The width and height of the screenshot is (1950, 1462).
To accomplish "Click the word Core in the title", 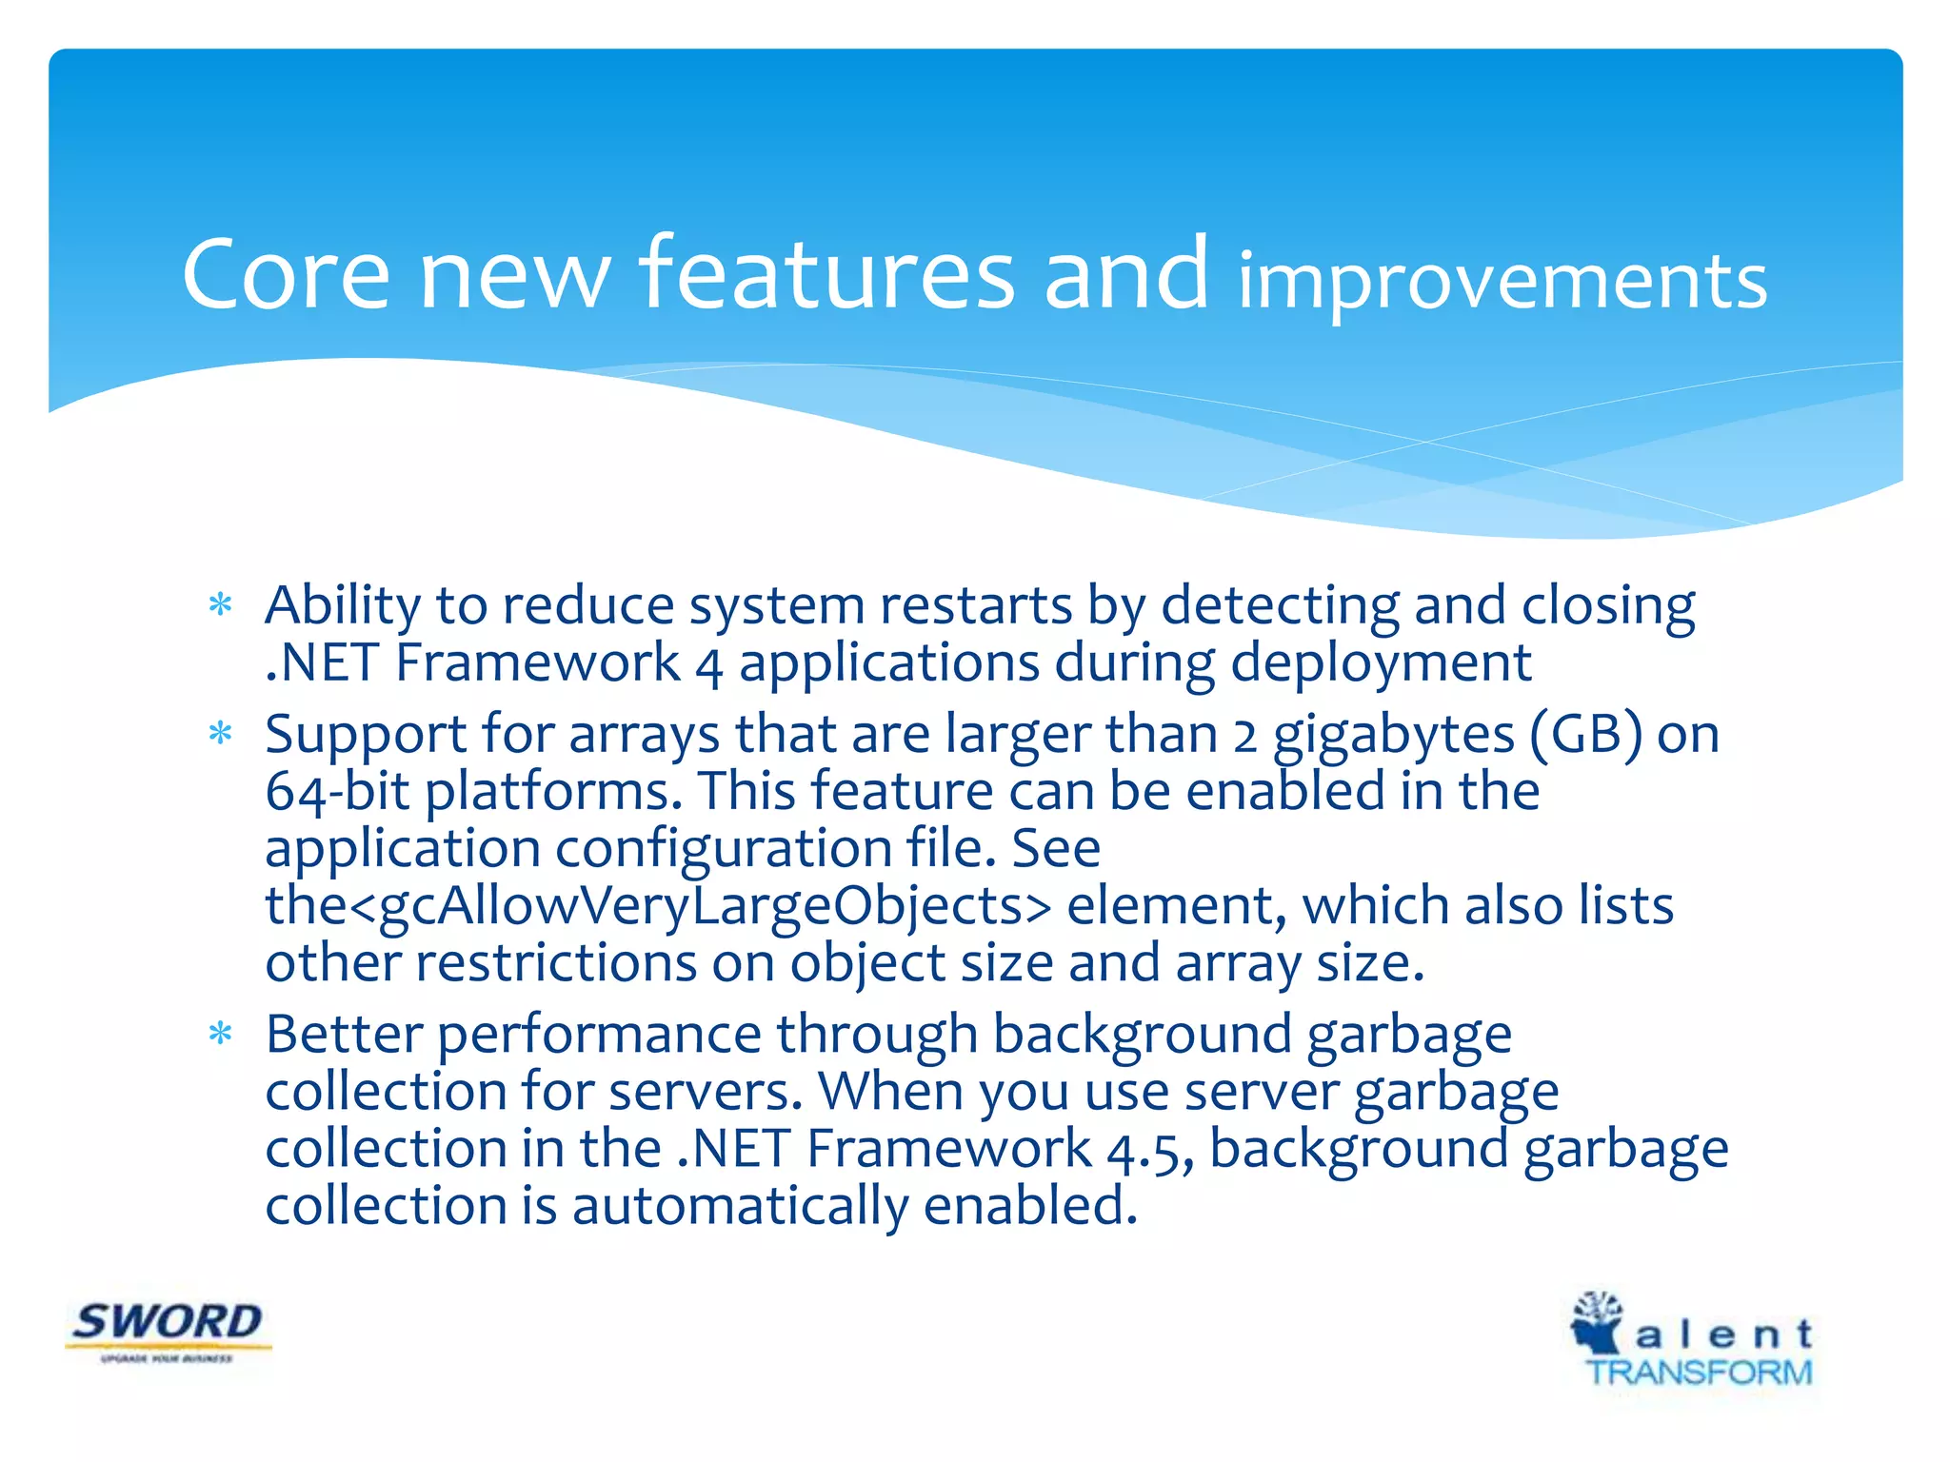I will pos(286,276).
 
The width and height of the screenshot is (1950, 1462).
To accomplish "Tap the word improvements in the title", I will pos(1502,283).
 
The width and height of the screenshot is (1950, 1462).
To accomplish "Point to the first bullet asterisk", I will pos(221,605).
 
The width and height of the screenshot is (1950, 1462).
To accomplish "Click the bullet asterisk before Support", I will pos(221,734).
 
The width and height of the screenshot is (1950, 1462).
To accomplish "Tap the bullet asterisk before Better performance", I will pos(221,1034).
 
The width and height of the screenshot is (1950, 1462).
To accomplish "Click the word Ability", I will pos(343,606).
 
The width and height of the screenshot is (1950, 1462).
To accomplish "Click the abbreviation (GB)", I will pos(1585,735).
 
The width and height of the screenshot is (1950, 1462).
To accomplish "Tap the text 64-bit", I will pos(336,792).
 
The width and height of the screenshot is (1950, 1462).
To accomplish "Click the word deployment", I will pos(1381,663).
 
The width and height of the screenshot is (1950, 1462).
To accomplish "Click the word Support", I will pos(366,736).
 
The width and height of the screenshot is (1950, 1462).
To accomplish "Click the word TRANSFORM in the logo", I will pos(1699,1373).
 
